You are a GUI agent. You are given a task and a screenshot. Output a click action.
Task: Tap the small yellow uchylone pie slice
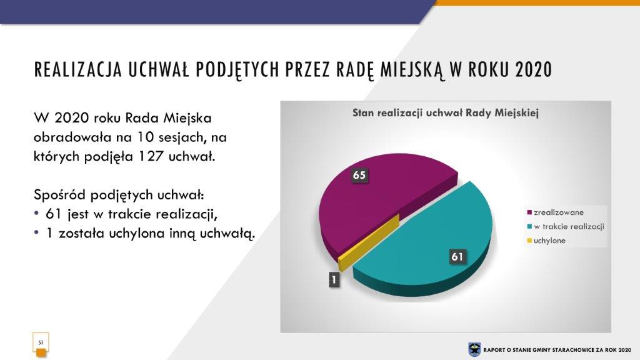(367, 245)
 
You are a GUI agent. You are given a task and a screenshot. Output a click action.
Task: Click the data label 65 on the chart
(359, 175)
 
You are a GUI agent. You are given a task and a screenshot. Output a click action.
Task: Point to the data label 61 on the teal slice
(457, 256)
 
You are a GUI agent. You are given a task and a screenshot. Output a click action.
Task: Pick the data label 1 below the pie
(334, 279)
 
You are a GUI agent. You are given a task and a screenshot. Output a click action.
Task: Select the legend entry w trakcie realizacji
(566, 226)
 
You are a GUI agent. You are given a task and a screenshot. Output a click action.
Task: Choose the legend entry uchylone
(546, 241)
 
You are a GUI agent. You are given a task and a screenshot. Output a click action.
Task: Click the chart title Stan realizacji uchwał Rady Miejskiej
(445, 113)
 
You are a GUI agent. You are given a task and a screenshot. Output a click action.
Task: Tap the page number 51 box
(41, 342)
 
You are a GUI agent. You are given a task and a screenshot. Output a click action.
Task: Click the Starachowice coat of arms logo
(474, 350)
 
